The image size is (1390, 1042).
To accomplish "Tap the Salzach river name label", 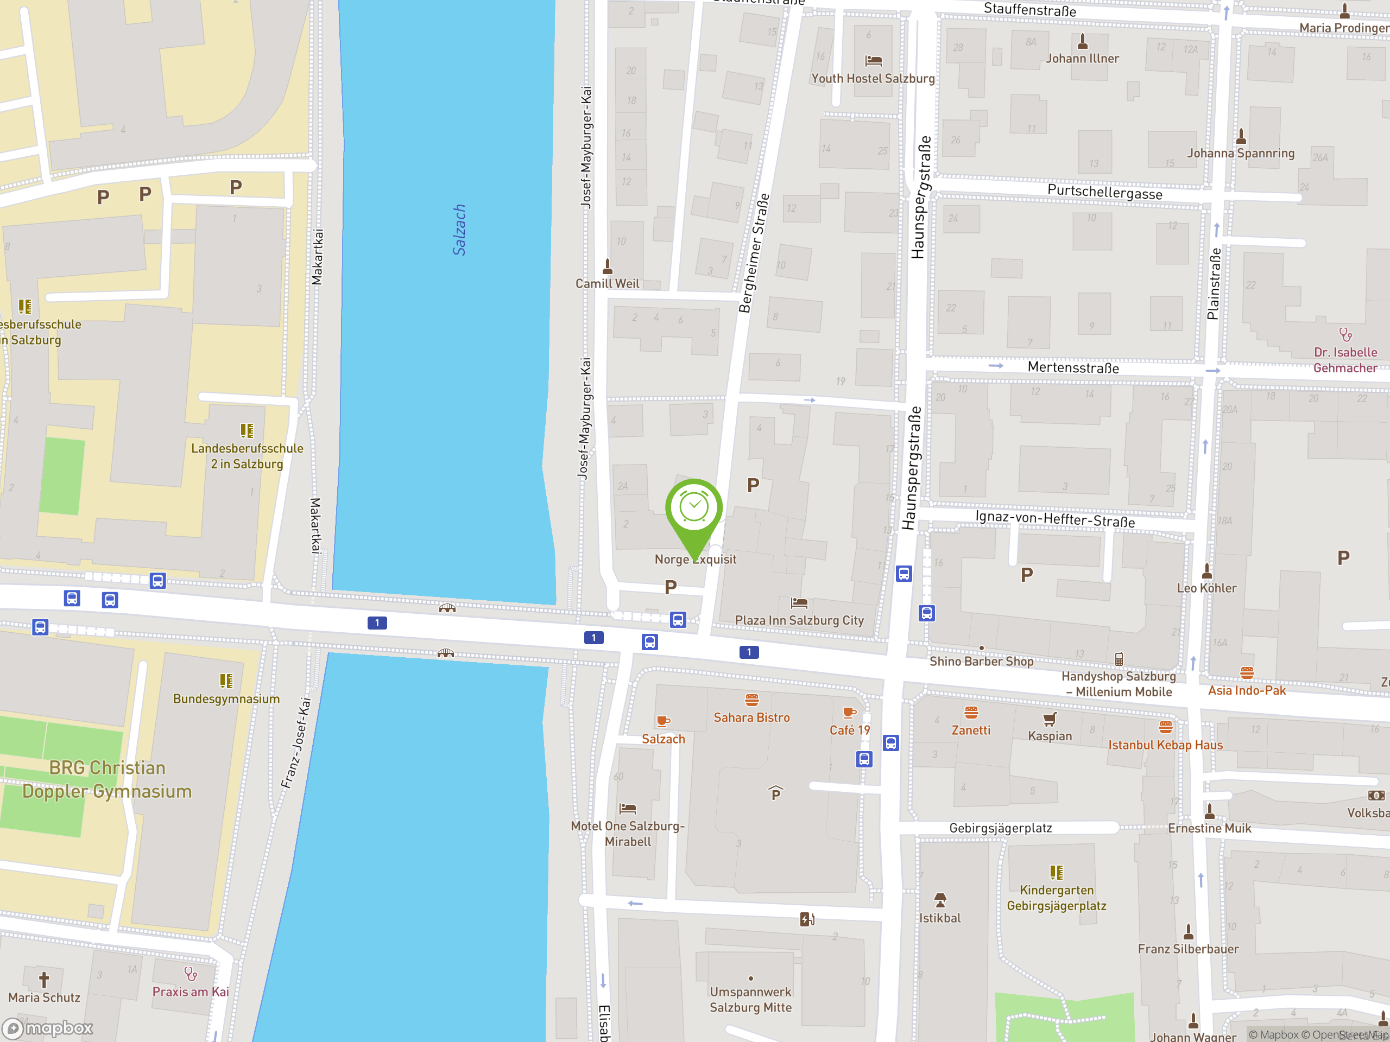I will pos(459,230).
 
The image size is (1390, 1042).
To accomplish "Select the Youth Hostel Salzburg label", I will pos(873,79).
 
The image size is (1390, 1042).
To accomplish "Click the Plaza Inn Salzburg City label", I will pos(799,620).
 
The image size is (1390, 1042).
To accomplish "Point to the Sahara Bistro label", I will pos(751,717).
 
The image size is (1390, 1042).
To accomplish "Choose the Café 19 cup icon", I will pos(849,712).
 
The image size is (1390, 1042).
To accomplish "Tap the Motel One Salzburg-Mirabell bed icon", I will pos(627,808).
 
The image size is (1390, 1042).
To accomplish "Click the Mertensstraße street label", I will pos(1073,367).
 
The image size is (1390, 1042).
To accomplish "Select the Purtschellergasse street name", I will pos(1105,192).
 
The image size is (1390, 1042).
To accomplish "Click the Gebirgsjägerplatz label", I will pos(1000,828).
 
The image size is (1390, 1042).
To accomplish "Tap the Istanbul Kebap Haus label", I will pos(1165,745).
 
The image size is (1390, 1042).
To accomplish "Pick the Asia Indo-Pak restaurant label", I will pos(1247,690).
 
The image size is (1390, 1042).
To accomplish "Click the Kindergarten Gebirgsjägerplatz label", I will pos(1056,898).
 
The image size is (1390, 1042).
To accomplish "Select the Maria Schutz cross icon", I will pos(44,979).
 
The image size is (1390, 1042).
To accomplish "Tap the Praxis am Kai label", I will pos(191,992).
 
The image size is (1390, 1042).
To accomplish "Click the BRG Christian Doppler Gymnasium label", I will pos(107,779).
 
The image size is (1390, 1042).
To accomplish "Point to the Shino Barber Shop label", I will pos(981,662).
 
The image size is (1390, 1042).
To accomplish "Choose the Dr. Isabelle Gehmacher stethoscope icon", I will pos(1345,334).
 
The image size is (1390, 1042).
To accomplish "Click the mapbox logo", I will pos(48,1028).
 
